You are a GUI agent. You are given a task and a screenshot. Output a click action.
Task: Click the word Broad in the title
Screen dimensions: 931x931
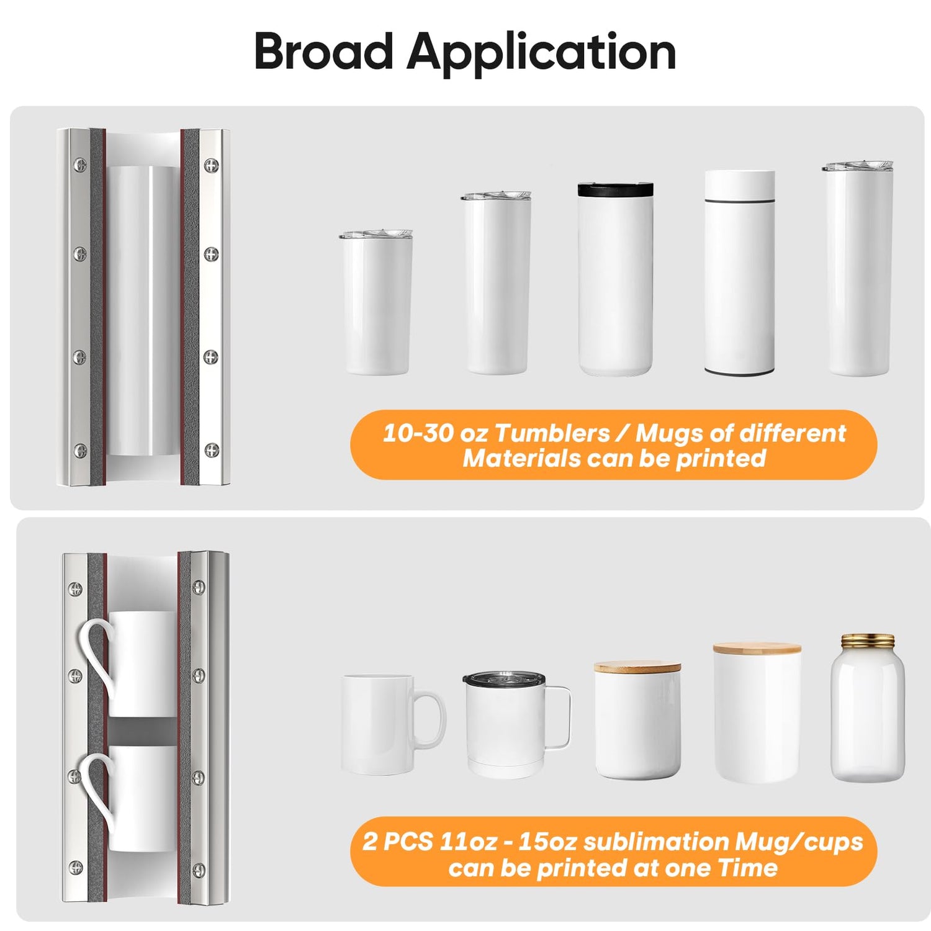323,52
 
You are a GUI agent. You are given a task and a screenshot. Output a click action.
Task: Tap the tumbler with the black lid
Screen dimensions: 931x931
615,279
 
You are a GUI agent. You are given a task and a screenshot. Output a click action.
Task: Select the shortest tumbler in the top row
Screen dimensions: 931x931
376,302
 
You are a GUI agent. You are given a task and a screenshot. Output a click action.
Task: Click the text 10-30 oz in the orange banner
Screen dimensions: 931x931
435,433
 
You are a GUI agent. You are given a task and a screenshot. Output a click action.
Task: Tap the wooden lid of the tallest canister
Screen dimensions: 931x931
757,649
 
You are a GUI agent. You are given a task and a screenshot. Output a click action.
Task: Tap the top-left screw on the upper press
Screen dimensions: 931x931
80,164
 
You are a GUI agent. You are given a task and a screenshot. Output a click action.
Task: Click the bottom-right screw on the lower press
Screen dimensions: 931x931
199,868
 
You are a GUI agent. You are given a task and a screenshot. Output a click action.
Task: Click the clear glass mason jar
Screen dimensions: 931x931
868,708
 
